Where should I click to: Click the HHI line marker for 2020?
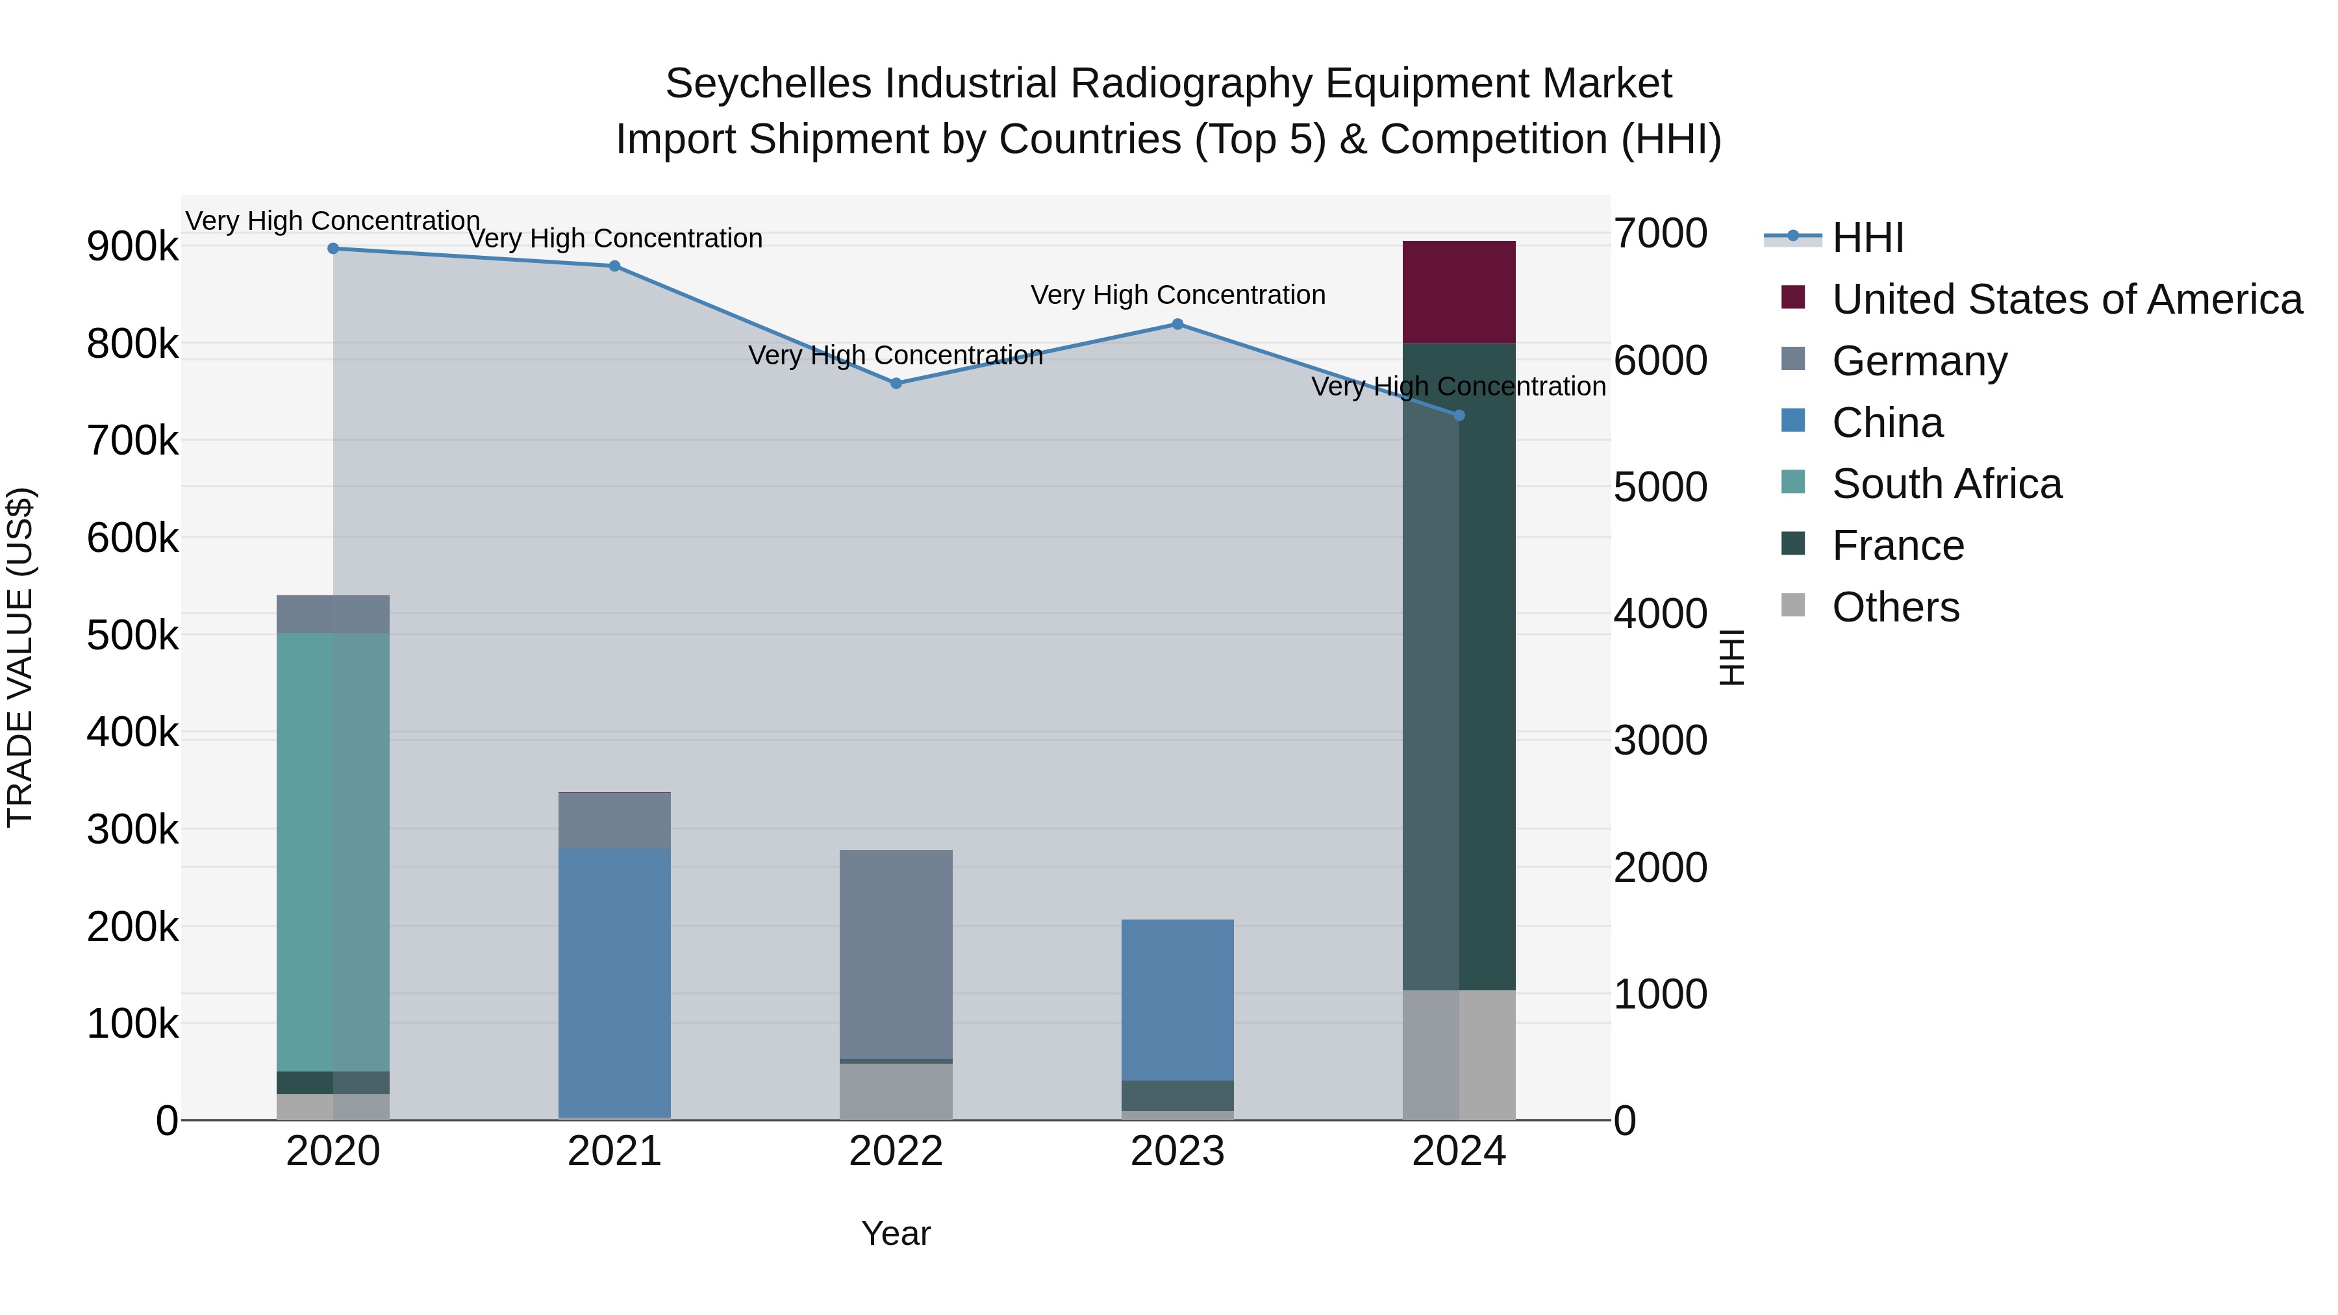(333, 249)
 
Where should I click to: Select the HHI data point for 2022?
(896, 384)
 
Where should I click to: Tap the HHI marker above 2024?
(1459, 416)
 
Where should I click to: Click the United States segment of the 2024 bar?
(1459, 292)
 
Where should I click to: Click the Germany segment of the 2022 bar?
(896, 953)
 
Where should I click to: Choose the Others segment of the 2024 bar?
(1459, 1055)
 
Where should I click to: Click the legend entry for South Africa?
(1947, 484)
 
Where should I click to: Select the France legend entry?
(1898, 546)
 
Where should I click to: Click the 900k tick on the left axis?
(132, 247)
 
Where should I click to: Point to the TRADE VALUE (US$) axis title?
(20, 657)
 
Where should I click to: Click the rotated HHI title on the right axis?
(1731, 657)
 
